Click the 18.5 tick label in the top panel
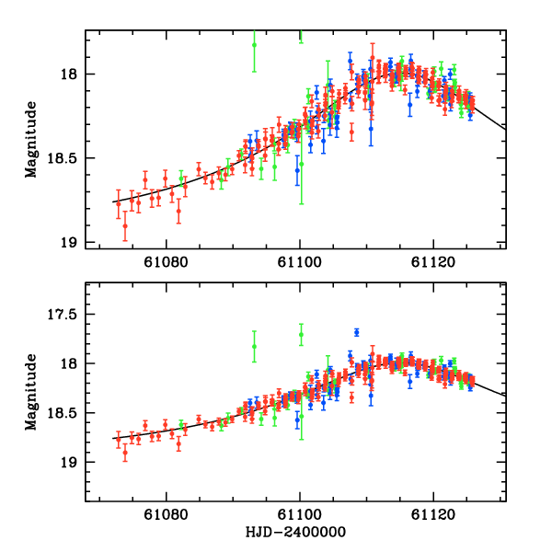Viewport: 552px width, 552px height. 64,158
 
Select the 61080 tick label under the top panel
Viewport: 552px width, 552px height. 167,263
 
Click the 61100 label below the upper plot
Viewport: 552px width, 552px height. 301,263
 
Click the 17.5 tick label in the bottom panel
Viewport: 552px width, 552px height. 64,315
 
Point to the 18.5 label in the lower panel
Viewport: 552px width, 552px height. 64,412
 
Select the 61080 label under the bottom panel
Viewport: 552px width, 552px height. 167,515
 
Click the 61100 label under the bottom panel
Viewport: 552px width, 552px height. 301,515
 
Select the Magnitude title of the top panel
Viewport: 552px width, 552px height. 30,138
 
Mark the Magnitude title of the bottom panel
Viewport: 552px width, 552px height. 30,391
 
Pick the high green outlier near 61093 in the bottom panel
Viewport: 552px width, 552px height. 255,346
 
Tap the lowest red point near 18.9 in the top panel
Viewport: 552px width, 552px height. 125,225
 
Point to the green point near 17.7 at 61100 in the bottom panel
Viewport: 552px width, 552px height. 301,335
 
